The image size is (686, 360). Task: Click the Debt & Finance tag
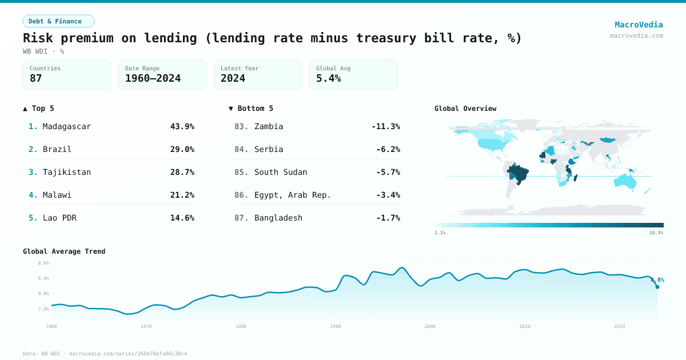click(x=58, y=21)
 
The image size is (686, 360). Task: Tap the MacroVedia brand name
click(x=639, y=25)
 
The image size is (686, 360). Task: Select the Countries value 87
click(x=36, y=78)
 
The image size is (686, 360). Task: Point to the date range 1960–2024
click(x=153, y=78)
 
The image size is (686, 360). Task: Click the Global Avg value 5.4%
click(x=328, y=78)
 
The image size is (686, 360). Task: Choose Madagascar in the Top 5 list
click(x=66, y=126)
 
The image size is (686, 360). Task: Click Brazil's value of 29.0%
click(x=182, y=149)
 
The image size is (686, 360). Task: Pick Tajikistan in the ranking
click(x=66, y=172)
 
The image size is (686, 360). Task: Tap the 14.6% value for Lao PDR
click(x=182, y=218)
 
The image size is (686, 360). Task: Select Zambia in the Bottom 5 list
click(x=269, y=126)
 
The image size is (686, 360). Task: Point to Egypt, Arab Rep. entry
click(x=293, y=195)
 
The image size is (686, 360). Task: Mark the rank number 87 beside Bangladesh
click(x=241, y=218)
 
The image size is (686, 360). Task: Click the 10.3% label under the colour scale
click(x=656, y=233)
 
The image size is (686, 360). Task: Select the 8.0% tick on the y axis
click(x=43, y=263)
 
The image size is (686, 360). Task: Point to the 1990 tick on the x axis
click(x=336, y=326)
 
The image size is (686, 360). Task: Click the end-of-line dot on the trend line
click(x=657, y=287)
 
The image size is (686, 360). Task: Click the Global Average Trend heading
click(x=64, y=251)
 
